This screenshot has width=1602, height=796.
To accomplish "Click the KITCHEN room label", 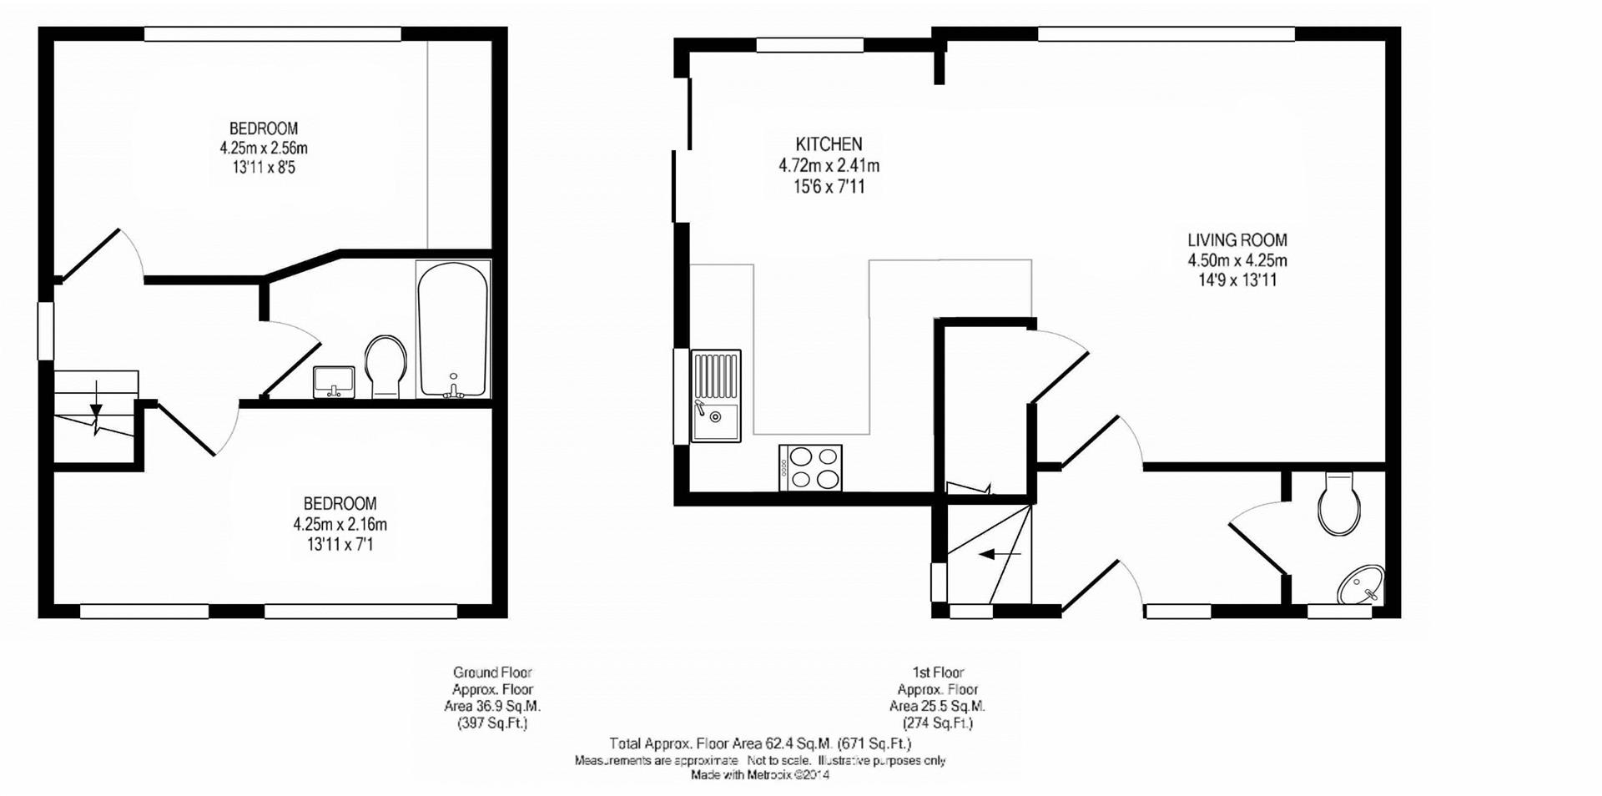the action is tap(829, 144).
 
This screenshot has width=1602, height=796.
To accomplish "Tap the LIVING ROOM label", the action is tap(1237, 240).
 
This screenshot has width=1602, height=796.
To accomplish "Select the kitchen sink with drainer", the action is tap(716, 395).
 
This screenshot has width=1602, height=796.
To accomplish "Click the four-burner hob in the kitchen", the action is tap(810, 467).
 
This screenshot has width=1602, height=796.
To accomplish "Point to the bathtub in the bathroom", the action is tap(452, 330).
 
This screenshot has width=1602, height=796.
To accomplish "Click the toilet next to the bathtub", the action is tap(385, 365).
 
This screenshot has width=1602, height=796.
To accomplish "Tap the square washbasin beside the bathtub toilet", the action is tap(335, 382).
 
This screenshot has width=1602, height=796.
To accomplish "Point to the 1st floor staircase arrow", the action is tap(1000, 553).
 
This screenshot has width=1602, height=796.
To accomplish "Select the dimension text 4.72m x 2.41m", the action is tap(829, 165).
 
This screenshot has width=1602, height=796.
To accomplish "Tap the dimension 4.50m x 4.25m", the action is tap(1237, 260).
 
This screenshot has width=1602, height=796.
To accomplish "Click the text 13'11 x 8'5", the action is tap(264, 168).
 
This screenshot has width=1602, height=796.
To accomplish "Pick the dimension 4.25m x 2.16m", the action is tap(340, 525).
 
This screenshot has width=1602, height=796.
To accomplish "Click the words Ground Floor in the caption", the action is tap(492, 673).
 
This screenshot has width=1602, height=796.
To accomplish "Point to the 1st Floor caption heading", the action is tap(939, 673).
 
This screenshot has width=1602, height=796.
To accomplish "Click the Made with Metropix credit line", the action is tap(760, 775).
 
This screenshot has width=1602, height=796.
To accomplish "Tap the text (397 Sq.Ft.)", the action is tap(492, 723).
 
